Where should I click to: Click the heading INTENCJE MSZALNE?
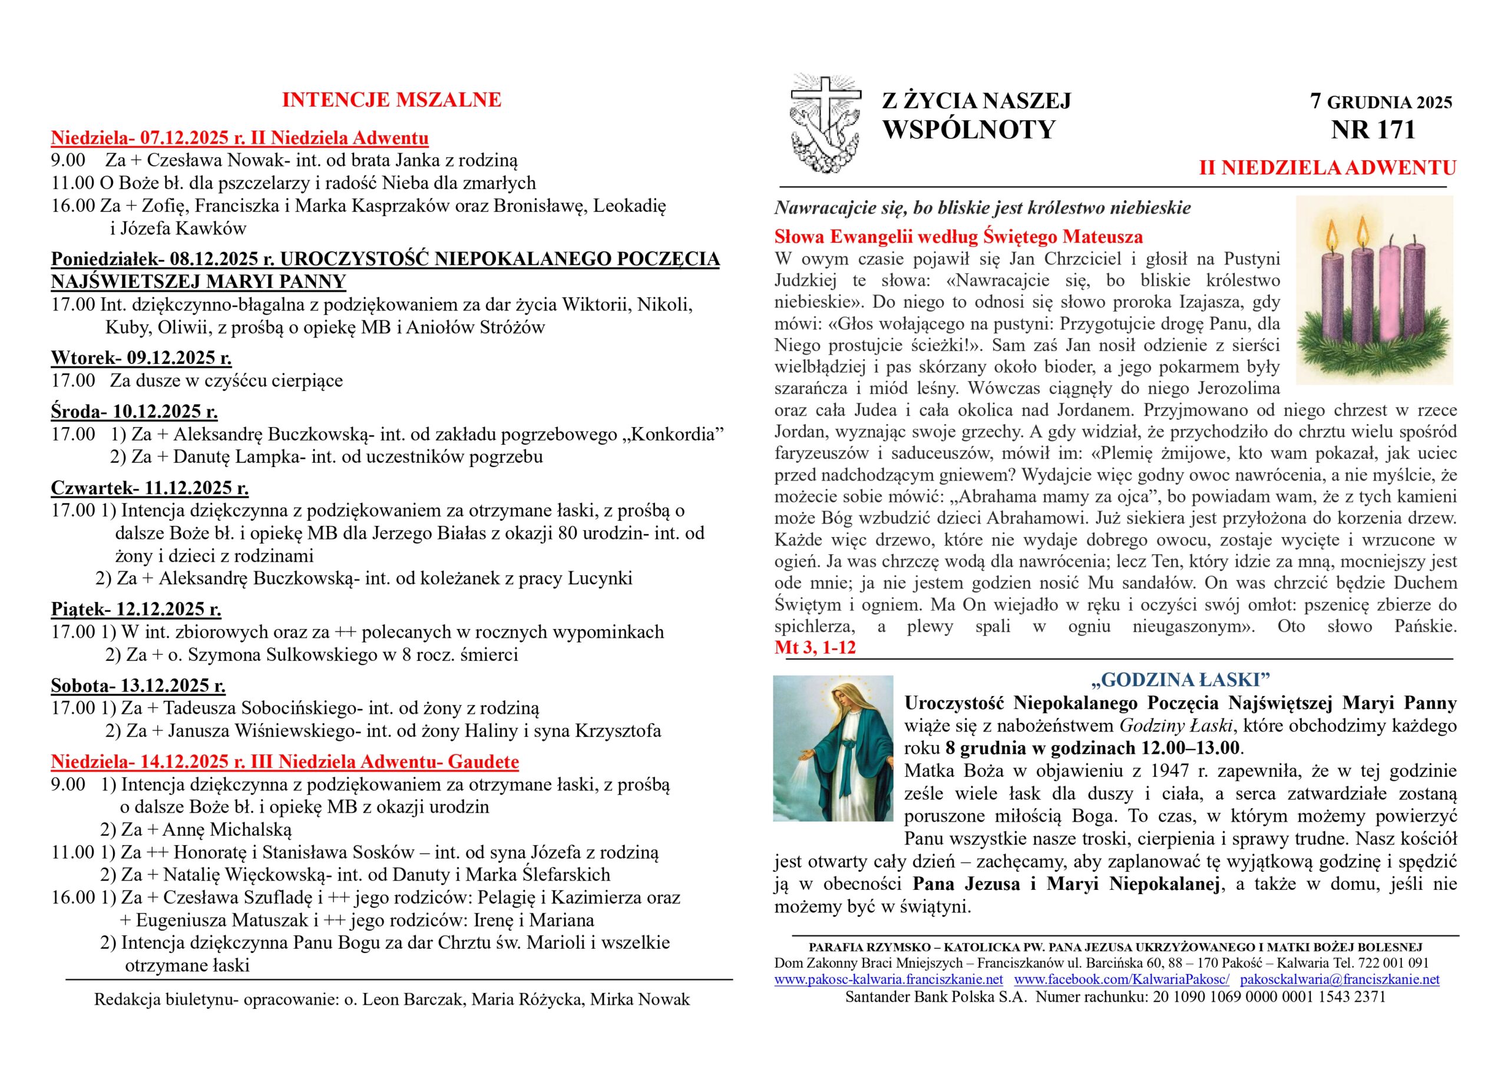(x=392, y=101)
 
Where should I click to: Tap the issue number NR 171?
(x=1373, y=130)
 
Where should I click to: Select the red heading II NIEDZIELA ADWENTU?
(x=1327, y=168)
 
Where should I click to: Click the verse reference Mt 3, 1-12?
(x=815, y=648)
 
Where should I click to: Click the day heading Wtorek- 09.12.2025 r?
(x=141, y=358)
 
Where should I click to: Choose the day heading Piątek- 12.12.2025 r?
(x=136, y=610)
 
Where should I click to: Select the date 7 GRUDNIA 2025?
(x=1381, y=102)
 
